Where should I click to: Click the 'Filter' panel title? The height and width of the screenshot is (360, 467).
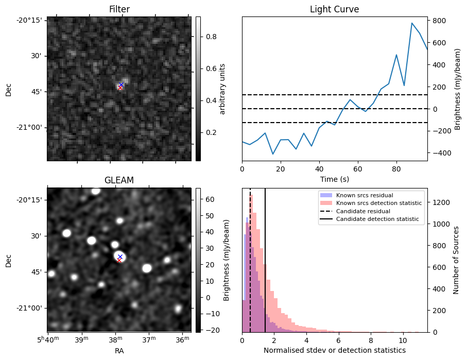click(119, 9)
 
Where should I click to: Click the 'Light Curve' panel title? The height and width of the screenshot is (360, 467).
click(334, 9)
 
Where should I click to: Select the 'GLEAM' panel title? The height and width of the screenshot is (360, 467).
click(119, 180)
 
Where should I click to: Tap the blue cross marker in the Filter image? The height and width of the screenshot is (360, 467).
click(121, 84)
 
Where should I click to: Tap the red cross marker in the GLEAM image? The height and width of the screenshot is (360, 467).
click(119, 261)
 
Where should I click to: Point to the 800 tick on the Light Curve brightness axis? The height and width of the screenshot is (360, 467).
click(438, 21)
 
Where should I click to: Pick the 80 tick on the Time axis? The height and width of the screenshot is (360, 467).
click(396, 168)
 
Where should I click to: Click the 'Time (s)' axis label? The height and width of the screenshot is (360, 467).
click(334, 178)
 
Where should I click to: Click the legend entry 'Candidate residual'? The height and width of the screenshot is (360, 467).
click(364, 212)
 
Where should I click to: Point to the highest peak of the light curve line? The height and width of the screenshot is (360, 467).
click(412, 23)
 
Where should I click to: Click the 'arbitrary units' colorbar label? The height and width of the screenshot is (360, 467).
click(223, 89)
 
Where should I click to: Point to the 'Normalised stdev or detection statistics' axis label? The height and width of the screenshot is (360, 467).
click(334, 350)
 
